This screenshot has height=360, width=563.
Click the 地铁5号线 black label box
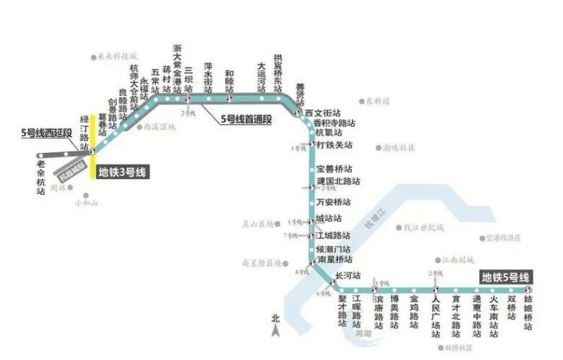click(504, 278)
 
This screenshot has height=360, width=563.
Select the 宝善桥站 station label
click(335, 168)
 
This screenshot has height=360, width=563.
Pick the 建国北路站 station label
click(339, 182)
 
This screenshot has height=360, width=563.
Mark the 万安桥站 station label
click(335, 202)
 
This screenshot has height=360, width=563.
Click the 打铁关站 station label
click(335, 145)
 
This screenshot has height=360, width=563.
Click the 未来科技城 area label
click(116, 56)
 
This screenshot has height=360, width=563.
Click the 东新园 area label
click(376, 100)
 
